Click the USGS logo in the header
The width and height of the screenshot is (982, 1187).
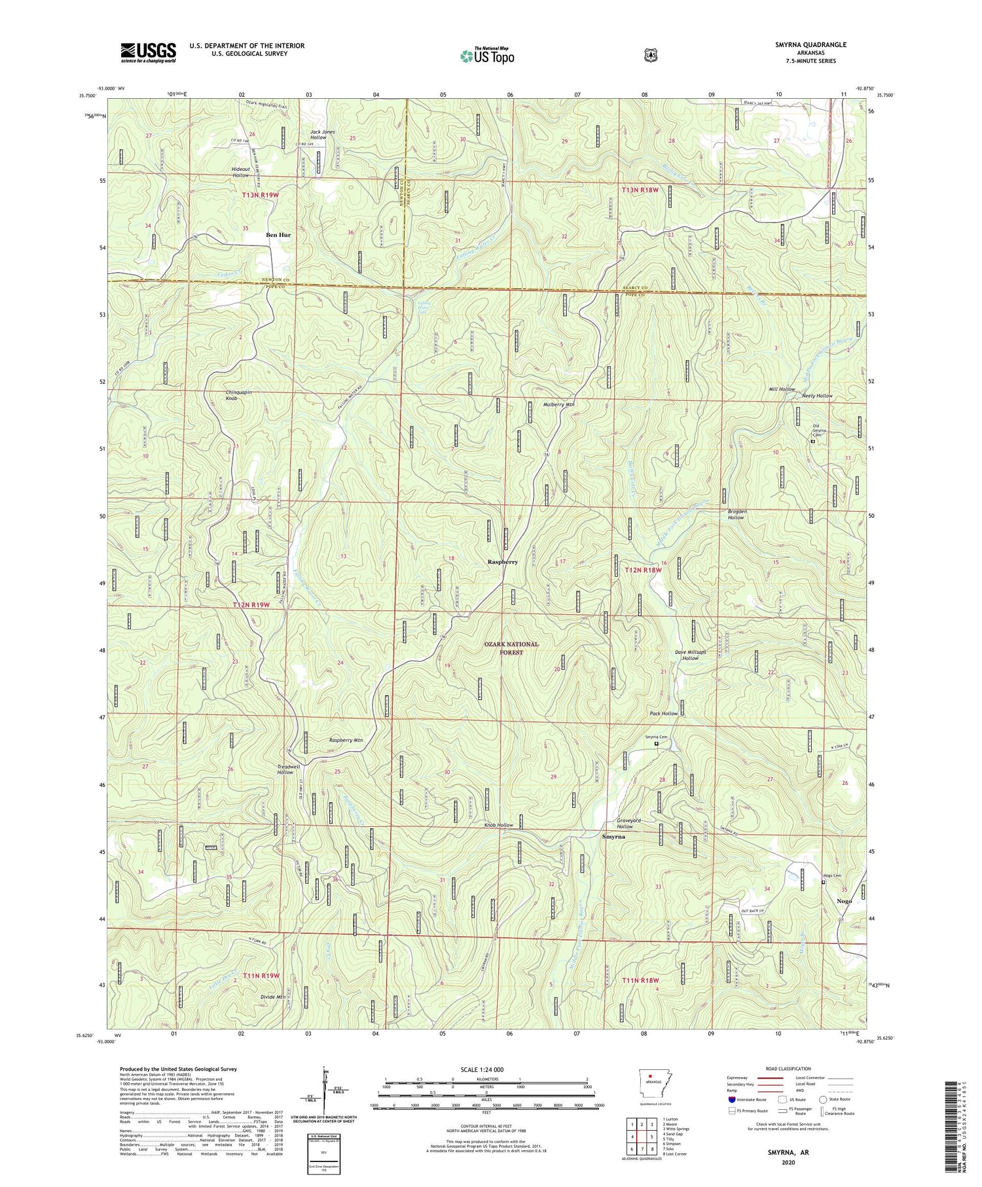(148, 52)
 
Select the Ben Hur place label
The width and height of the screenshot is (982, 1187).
(278, 234)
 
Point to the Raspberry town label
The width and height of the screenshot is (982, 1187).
(503, 562)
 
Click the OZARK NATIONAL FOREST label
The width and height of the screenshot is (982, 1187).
(511, 648)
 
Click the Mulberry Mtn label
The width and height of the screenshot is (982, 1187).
(558, 405)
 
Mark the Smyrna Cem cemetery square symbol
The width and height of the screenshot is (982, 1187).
(657, 743)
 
